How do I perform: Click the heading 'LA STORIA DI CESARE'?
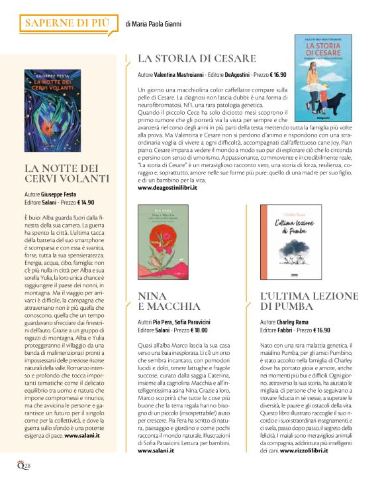click(197, 59)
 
